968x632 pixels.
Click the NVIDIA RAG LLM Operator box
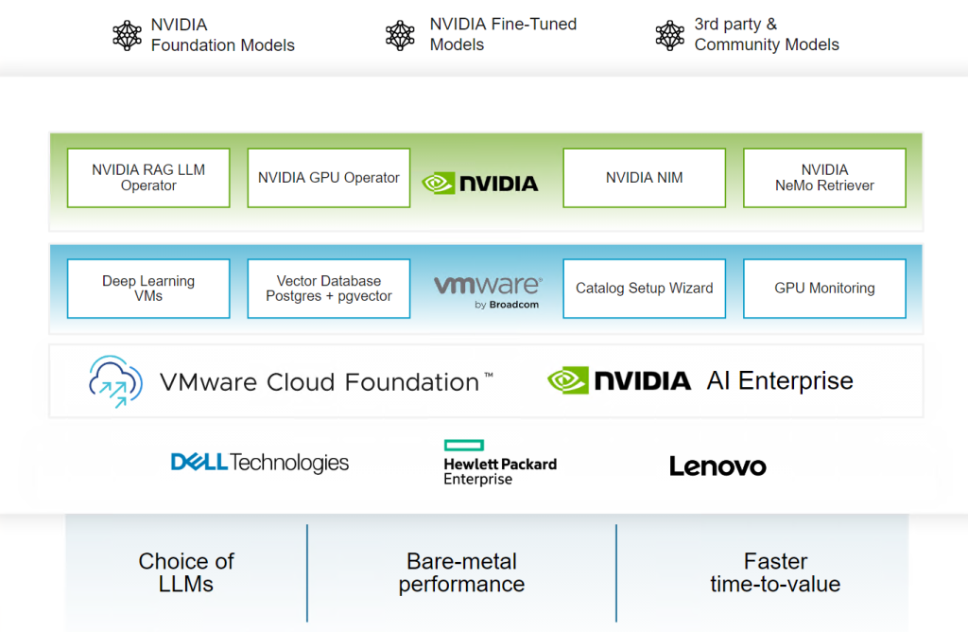[x=148, y=178]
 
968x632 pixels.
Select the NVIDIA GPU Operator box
[x=328, y=178]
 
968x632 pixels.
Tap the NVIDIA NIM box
[x=644, y=178]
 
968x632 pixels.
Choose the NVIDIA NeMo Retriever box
[x=824, y=178]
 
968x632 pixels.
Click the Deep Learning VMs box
[x=148, y=289]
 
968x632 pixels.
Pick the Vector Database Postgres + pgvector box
[x=328, y=289]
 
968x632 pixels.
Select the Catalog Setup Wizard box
[x=644, y=289]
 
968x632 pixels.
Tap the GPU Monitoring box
[x=824, y=289]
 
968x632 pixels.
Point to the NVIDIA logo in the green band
[x=480, y=183]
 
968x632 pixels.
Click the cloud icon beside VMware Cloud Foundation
[x=115, y=381]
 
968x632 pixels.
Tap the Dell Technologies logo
[x=260, y=463]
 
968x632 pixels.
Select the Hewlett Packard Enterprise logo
[x=500, y=463]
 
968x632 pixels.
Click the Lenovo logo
[x=717, y=465]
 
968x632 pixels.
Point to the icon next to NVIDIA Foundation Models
[x=127, y=36]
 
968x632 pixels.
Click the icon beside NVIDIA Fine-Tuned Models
[x=400, y=35]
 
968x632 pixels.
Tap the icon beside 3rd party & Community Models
[x=669, y=35]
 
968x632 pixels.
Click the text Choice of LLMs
[x=186, y=572]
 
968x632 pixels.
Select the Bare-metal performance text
[x=461, y=572]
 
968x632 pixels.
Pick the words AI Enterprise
[x=780, y=381]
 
